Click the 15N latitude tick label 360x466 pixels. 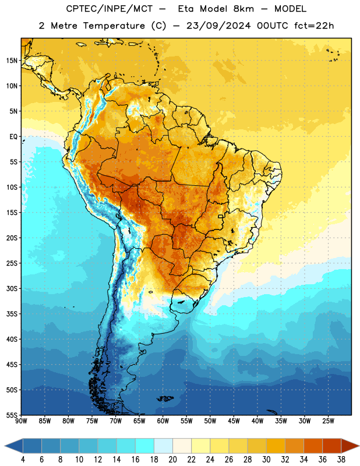(12, 61)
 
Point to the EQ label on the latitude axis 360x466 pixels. (13, 137)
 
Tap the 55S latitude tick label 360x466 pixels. (12, 415)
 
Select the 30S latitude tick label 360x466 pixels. (12, 288)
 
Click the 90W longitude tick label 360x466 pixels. (21, 421)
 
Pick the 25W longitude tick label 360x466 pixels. (328, 421)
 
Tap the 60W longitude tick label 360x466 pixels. (163, 421)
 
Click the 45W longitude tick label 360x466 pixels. (234, 421)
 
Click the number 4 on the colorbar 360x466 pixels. (23, 460)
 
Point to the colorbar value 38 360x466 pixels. (341, 460)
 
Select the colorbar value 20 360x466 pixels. (172, 460)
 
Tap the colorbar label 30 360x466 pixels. (266, 460)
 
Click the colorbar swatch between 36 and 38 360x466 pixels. (332, 446)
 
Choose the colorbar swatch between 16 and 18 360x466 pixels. (145, 446)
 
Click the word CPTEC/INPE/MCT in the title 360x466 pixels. (109, 9)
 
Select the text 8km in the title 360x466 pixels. (243, 9)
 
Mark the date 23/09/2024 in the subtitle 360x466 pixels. (218, 26)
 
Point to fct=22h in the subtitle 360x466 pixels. (314, 26)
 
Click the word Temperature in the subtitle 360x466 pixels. (114, 26)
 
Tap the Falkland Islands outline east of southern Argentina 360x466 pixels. (165, 398)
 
